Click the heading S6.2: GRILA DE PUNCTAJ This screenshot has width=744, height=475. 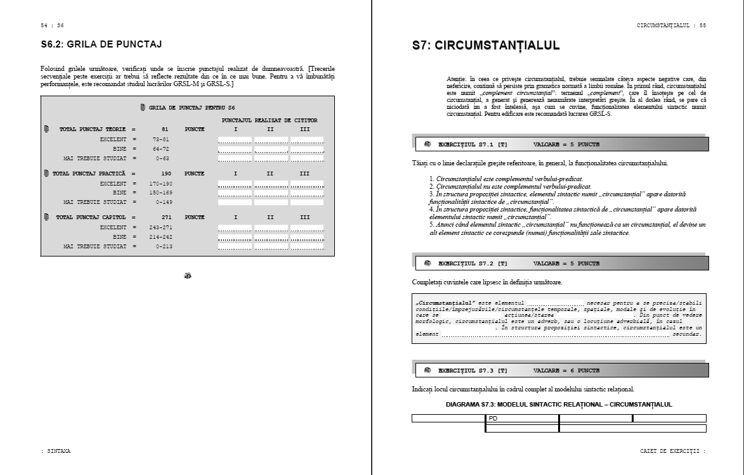(x=101, y=44)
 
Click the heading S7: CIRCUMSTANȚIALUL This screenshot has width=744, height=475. (x=486, y=46)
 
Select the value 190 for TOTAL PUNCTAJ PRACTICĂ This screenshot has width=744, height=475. (x=167, y=173)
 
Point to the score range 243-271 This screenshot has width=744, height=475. (x=160, y=227)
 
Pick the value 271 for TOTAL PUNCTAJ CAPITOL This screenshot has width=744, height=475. (x=167, y=217)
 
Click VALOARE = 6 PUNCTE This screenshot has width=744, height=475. (x=566, y=370)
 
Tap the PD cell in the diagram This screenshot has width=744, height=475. (x=493, y=418)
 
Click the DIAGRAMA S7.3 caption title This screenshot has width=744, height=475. (x=559, y=404)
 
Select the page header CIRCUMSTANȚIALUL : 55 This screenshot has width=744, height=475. (x=671, y=25)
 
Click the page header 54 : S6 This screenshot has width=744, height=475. (x=52, y=25)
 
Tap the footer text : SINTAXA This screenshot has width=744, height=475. (x=55, y=451)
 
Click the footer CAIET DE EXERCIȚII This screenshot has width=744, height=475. (x=672, y=451)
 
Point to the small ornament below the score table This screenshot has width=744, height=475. (x=188, y=275)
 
